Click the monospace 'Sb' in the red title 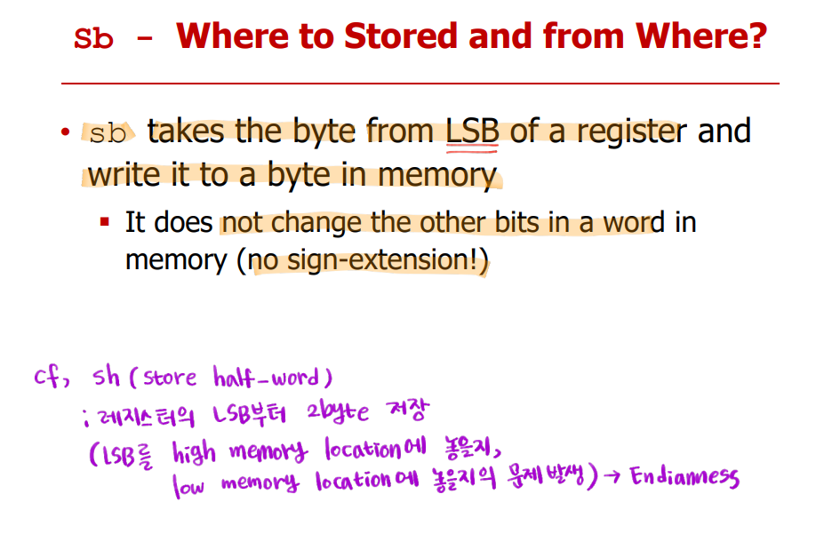(x=93, y=38)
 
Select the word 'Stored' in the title (x=401, y=36)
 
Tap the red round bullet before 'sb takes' (x=65, y=131)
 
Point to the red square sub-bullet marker (x=105, y=222)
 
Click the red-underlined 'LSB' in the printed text (x=472, y=131)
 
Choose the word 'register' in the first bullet (x=632, y=132)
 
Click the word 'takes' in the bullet (x=186, y=131)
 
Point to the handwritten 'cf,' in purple (x=52, y=376)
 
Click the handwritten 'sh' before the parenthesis (x=107, y=377)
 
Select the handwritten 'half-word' (x=266, y=377)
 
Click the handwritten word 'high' (x=194, y=452)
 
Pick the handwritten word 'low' (x=188, y=485)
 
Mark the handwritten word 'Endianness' (x=684, y=476)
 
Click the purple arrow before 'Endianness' (x=612, y=477)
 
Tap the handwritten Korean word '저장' (x=408, y=410)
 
